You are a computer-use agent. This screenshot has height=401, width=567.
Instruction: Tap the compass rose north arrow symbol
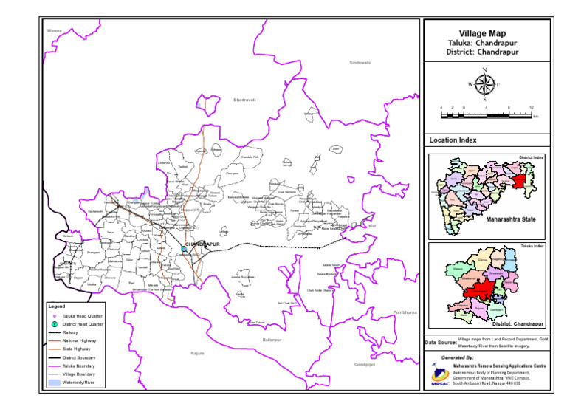coord(484,83)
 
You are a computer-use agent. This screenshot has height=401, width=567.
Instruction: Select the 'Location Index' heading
coord(453,140)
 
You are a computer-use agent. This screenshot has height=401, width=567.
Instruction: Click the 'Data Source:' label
coord(440,343)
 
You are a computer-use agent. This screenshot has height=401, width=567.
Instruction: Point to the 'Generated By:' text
coord(458,357)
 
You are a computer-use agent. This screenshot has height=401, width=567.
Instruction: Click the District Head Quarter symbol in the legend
coord(54,324)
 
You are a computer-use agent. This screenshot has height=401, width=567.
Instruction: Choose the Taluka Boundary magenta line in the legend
coord(54,366)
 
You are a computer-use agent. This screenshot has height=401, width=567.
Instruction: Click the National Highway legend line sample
coord(54,340)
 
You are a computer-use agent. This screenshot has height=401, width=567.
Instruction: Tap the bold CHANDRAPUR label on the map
coord(202,244)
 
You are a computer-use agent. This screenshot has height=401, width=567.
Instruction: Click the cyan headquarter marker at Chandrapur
coord(184,250)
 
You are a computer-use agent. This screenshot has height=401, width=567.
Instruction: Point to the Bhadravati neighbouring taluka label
coord(244,100)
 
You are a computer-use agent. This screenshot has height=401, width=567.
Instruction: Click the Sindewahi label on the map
coord(360,63)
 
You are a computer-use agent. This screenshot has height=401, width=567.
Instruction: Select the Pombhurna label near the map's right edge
coord(405,312)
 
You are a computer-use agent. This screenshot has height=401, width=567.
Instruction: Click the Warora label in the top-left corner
coord(53,30)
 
